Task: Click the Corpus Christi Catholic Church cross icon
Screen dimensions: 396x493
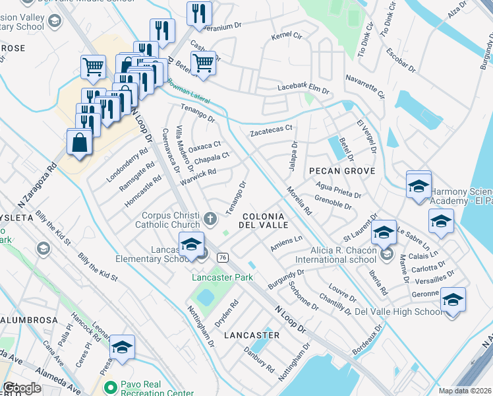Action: (210, 218)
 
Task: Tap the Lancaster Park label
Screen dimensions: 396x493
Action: (223, 278)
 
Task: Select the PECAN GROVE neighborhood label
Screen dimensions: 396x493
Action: (342, 171)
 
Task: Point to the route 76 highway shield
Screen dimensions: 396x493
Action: (223, 257)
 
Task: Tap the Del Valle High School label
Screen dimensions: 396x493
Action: (399, 312)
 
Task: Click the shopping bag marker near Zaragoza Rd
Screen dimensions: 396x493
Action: (79, 143)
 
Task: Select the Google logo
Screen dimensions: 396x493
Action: (22, 388)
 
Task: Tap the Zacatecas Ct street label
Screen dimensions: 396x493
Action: (270, 132)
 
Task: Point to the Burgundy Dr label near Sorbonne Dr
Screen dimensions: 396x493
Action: (285, 279)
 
